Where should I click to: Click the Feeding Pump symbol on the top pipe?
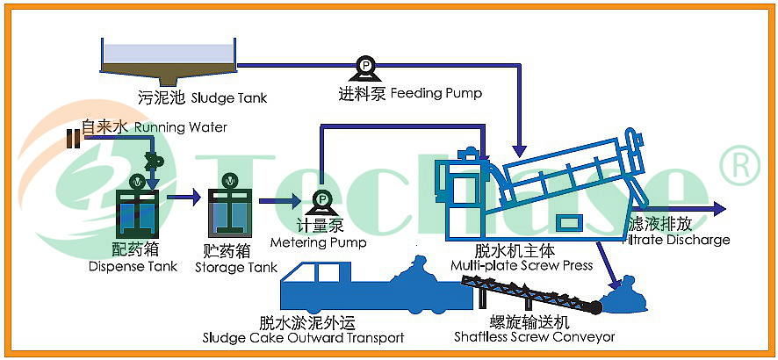366,68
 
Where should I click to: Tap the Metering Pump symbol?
322,201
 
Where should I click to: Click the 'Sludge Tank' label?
229,97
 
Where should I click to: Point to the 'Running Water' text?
181,127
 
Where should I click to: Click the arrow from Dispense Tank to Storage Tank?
184,198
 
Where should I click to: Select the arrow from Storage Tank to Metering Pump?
280,200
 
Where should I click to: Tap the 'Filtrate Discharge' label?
677,240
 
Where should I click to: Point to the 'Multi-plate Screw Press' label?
522,265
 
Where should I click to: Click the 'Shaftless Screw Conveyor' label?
535,337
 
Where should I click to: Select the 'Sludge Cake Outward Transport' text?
303,339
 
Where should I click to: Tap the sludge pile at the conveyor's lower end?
623,297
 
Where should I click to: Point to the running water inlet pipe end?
74,139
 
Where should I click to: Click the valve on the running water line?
150,160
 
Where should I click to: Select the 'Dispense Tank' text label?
133,266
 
